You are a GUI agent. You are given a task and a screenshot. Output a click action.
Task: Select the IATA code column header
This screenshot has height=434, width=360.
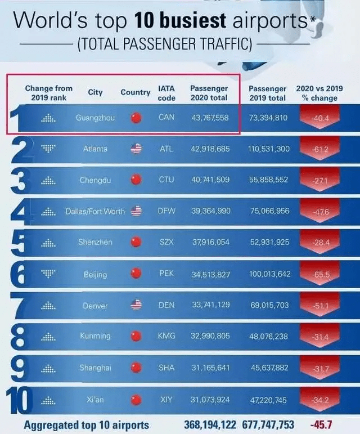coord(166,93)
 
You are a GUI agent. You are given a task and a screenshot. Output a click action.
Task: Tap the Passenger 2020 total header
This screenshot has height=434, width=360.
coord(209,93)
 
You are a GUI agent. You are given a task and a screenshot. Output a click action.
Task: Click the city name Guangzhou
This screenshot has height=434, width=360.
coord(95,118)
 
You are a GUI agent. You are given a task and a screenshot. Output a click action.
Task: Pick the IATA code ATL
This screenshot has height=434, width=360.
coord(166,149)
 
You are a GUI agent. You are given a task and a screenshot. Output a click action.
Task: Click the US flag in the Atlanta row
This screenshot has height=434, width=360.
coord(136,149)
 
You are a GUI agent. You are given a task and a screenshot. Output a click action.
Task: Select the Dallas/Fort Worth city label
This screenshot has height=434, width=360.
coord(95,211)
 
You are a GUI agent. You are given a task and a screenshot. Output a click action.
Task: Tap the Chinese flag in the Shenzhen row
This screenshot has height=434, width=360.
coord(136,242)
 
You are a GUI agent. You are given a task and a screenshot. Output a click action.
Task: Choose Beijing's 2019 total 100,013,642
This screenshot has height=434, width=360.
coord(269,274)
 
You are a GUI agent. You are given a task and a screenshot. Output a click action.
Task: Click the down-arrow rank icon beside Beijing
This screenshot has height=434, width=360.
coord(49,274)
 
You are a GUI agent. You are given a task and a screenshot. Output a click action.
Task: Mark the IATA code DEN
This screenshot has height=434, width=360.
coord(166,305)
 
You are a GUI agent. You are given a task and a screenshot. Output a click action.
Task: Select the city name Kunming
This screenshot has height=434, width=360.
coord(95,336)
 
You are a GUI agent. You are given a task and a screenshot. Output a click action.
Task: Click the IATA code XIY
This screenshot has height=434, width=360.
coord(166,399)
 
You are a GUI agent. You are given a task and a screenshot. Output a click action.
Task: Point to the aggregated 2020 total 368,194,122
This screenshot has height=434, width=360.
coord(210,424)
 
